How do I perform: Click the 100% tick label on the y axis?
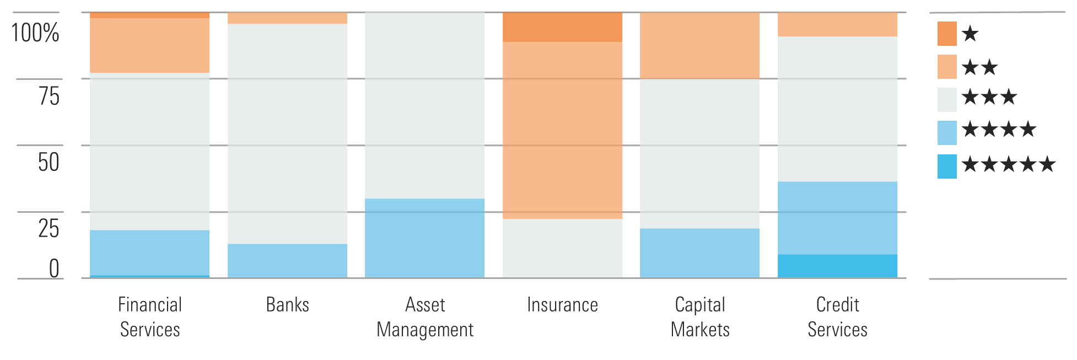coord(35,33)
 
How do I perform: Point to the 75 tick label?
coord(49,96)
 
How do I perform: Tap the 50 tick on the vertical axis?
coord(49,162)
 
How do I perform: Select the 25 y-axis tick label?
coord(49,228)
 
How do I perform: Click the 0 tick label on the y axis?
coord(53,268)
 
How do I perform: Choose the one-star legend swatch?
coord(947,34)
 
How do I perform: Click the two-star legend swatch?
coord(947,67)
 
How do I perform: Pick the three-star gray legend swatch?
coord(947,100)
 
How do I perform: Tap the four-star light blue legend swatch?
coord(947,133)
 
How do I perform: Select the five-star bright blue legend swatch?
coord(947,166)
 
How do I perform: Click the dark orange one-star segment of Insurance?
coord(562,27)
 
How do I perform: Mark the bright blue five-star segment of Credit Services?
coord(837,266)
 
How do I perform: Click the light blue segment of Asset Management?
coord(424,238)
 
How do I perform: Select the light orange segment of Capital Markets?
coord(699,46)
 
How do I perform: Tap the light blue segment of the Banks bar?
coord(287,260)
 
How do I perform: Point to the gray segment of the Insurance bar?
coord(562,248)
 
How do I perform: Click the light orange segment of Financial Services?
coord(149,46)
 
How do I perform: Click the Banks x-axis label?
coord(287,305)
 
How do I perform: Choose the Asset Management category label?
coord(424,317)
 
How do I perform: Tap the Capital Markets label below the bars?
coord(699,317)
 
